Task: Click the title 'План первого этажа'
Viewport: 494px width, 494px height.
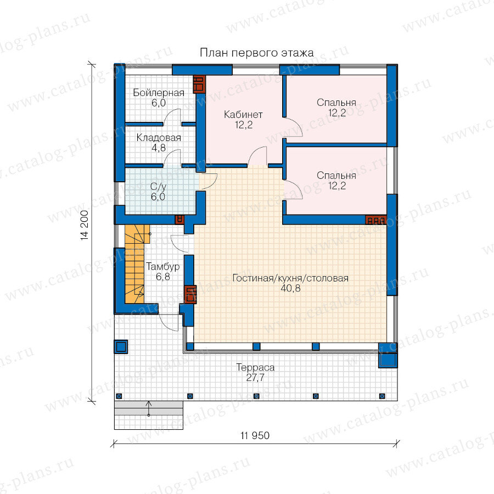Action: coord(257,53)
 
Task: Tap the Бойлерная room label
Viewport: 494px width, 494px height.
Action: coord(159,93)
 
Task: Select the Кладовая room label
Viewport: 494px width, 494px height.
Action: coord(159,138)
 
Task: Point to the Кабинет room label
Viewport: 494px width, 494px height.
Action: coord(243,114)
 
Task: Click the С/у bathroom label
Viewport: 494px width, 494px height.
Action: coord(158,187)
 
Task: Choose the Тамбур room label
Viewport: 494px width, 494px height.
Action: coord(163,267)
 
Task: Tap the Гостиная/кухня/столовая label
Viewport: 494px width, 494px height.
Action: coord(290,278)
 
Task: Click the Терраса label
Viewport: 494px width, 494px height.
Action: coord(255,367)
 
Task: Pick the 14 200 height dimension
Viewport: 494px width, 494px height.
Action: coord(85,225)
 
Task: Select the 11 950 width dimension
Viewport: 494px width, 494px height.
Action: coord(255,435)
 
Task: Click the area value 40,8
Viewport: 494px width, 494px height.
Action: coord(290,288)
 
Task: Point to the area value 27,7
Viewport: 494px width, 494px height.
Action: coord(255,378)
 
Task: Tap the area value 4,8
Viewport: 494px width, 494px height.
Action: coord(159,148)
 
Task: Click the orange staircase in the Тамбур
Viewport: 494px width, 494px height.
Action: coord(135,264)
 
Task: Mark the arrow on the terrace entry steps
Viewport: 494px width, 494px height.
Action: coord(149,408)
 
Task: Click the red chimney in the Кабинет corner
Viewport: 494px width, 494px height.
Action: coord(199,84)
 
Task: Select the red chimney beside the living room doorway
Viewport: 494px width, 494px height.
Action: coord(190,294)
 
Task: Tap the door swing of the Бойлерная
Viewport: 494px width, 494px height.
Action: coord(172,116)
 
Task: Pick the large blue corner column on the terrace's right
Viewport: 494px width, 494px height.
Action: coord(388,359)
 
